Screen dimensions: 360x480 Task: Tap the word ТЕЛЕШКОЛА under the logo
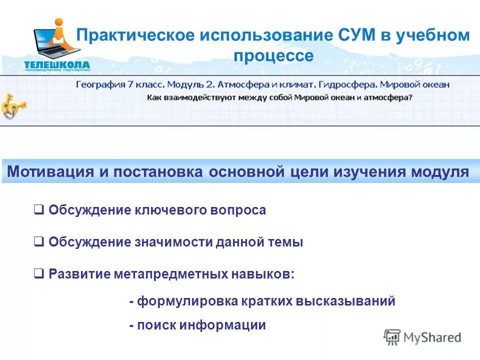pos(56,64)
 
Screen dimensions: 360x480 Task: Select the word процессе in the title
pos(274,55)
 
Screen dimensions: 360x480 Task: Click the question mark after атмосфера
pos(410,97)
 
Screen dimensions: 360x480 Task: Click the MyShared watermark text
pos(432,337)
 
